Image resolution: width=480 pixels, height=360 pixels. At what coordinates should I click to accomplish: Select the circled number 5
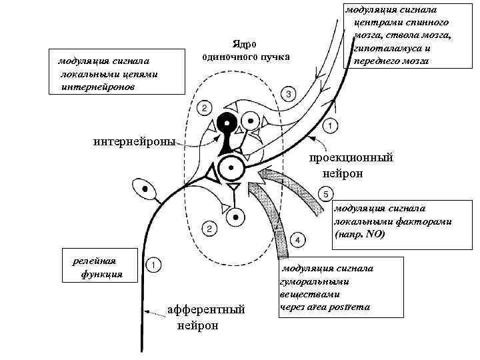tap(325, 194)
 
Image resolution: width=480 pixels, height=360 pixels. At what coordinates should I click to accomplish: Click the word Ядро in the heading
tap(245, 44)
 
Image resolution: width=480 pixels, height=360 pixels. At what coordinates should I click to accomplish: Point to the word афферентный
tap(206, 310)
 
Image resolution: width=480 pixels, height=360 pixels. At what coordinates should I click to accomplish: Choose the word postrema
tap(353, 307)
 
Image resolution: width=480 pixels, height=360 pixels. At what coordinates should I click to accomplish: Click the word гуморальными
tap(313, 281)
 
